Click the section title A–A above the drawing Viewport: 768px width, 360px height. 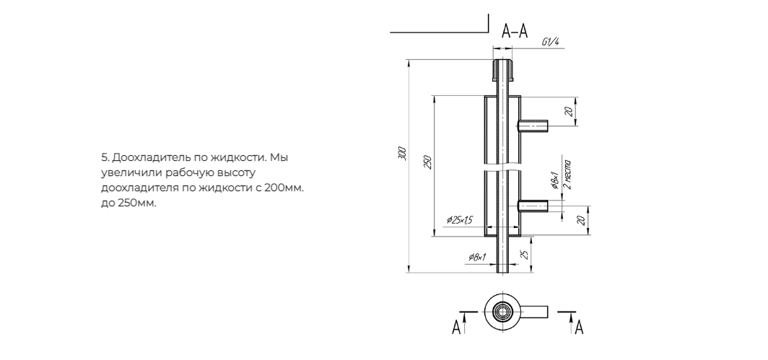click(515, 31)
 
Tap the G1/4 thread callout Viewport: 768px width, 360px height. click(551, 42)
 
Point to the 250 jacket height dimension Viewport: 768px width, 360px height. click(427, 162)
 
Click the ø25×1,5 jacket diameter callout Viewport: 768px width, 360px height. click(459, 220)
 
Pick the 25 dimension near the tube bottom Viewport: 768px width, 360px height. click(523, 255)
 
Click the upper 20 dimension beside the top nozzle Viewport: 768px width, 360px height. click(568, 112)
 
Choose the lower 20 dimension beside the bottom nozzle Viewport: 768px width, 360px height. click(581, 221)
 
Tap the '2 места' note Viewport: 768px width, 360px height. click(567, 175)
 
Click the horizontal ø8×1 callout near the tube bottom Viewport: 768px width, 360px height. click(477, 257)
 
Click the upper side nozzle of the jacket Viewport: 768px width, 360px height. click(533, 126)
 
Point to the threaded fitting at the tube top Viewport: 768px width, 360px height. click(502, 70)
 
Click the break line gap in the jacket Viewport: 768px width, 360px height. click(502, 168)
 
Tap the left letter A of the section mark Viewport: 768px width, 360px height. click(456, 327)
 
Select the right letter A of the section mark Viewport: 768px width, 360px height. click(579, 327)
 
